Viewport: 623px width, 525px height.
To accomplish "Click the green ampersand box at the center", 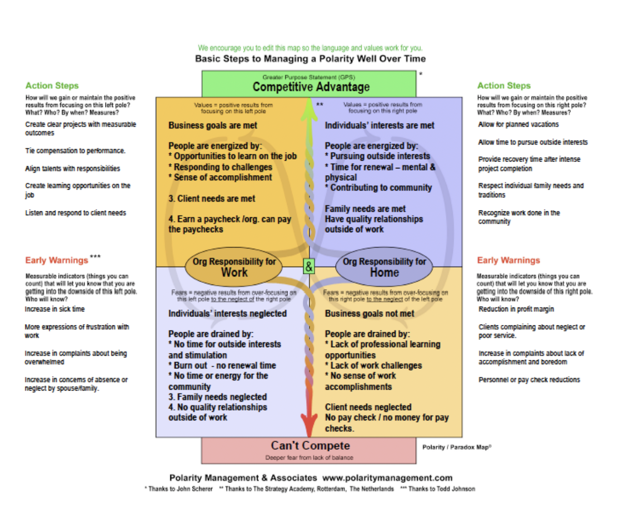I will tap(309, 267).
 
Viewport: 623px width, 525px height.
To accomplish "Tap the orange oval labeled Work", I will tap(234, 267).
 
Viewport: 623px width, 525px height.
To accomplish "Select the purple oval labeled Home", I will tap(384, 267).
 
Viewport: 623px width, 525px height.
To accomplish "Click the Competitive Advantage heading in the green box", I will tap(311, 87).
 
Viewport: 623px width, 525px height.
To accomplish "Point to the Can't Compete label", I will tap(310, 446).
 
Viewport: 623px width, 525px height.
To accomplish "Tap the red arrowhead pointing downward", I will tap(309, 426).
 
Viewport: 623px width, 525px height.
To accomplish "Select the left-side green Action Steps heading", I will tap(52, 86).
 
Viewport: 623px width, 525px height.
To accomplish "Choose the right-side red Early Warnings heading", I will tap(508, 260).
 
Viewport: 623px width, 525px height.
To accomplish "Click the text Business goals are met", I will tap(213, 125).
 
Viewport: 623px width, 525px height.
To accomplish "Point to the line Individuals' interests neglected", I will tap(227, 313).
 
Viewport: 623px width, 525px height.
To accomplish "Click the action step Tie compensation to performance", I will tap(75, 151).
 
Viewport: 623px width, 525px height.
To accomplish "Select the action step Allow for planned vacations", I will tap(518, 124).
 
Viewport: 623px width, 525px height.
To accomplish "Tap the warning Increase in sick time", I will tap(55, 309).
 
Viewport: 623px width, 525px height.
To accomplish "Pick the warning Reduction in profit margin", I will tap(516, 309).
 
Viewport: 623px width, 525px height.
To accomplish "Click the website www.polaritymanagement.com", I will tap(387, 478).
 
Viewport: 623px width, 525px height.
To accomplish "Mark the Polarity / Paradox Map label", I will tap(456, 447).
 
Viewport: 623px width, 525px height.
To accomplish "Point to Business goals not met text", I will tap(369, 313).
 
